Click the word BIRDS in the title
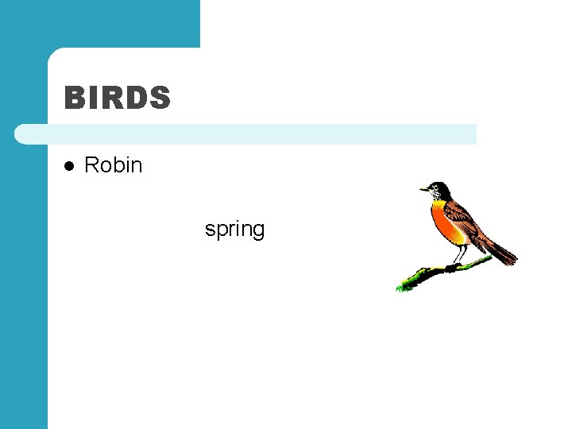(x=118, y=99)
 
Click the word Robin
(x=113, y=165)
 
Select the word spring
(x=234, y=230)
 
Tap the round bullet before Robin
(x=69, y=166)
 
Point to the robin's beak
(x=423, y=190)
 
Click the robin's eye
(x=434, y=188)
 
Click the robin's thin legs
(x=458, y=254)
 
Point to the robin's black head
(x=439, y=188)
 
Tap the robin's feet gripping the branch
(x=453, y=267)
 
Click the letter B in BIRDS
(x=74, y=99)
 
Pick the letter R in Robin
(x=91, y=165)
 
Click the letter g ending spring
(x=258, y=231)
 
